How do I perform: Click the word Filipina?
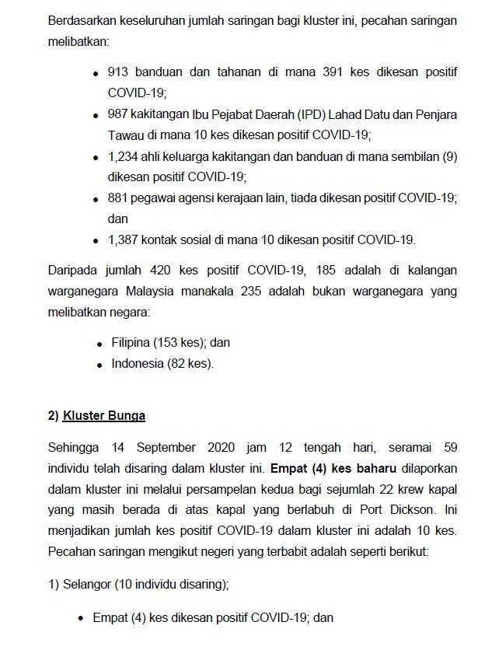[131, 343]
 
